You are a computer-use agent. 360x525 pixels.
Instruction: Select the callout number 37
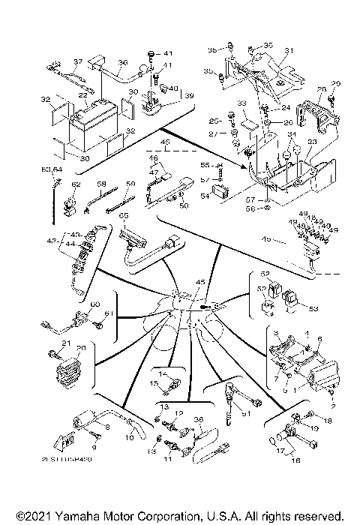point(76,61)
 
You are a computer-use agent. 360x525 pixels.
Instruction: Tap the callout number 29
point(335,83)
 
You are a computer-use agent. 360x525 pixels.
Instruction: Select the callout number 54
point(205,195)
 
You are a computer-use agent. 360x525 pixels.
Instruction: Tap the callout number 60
point(94,304)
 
